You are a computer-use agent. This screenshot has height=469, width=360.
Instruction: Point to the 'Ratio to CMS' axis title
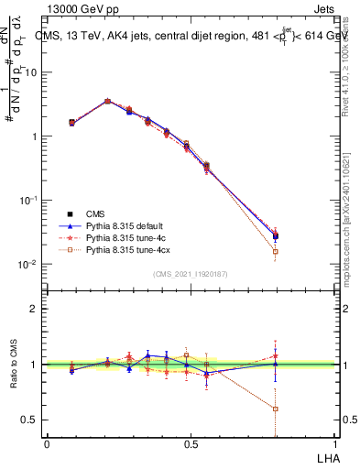13,365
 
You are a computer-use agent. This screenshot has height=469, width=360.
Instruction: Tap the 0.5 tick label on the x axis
191,444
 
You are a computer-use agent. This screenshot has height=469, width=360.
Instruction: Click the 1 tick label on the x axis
335,444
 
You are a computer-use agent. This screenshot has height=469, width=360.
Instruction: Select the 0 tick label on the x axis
47,444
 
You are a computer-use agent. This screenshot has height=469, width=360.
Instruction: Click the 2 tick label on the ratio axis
34,309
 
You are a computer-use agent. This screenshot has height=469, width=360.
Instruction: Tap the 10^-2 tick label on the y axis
27,265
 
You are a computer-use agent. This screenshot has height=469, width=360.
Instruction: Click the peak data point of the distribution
107,102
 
